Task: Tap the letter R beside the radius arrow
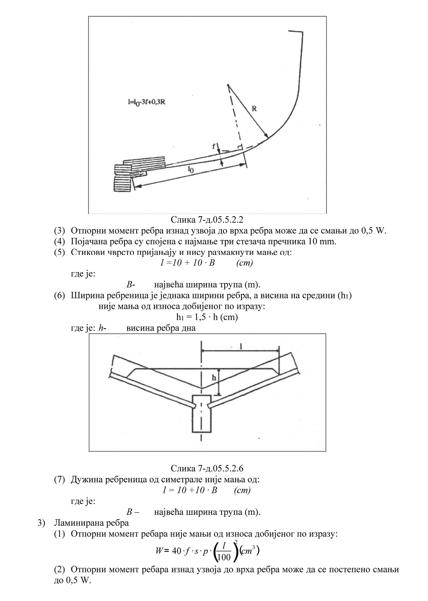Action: click(x=254, y=109)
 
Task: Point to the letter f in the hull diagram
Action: click(x=214, y=146)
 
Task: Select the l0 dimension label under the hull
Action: click(x=191, y=169)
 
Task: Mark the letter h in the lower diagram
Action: click(x=214, y=378)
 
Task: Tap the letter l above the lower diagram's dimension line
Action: click(x=241, y=346)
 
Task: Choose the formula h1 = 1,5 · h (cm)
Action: click(x=207, y=317)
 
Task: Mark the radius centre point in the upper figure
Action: click(x=228, y=85)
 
